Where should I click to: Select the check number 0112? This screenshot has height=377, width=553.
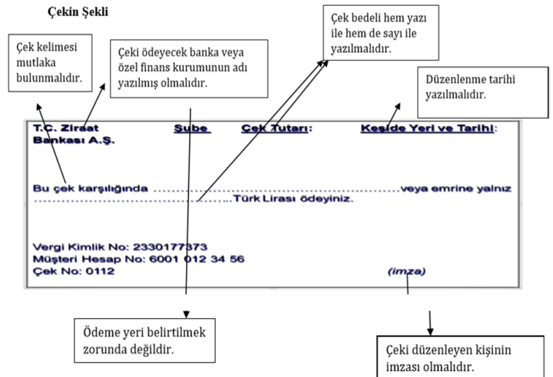(97, 271)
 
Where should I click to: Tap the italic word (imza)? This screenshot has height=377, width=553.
(407, 271)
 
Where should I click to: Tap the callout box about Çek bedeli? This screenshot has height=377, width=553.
(381, 34)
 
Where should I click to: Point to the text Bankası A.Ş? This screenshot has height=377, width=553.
(74, 141)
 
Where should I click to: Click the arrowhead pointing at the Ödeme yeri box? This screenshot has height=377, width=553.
(187, 314)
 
